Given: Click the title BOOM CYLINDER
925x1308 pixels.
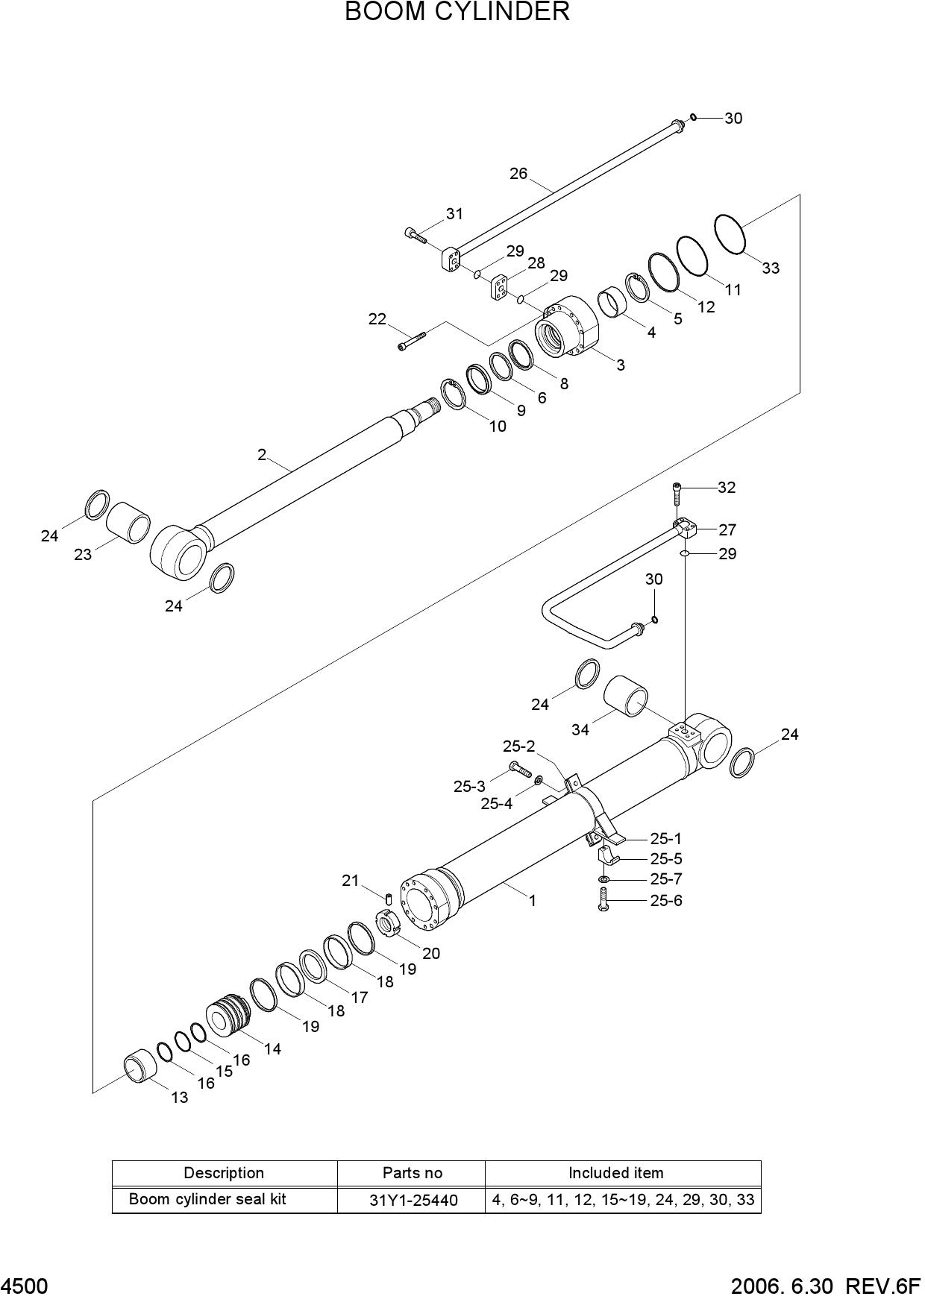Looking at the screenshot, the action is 457,12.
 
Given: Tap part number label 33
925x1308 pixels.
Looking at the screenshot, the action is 771,268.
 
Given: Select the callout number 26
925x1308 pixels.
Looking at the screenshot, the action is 518,174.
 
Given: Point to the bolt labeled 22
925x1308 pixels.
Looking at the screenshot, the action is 411,340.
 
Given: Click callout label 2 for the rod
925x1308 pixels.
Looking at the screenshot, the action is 262,454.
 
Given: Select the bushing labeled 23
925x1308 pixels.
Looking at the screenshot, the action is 128,522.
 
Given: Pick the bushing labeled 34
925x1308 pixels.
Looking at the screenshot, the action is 625,696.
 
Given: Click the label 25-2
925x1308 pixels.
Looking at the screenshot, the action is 519,746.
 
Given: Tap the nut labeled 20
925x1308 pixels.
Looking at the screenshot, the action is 389,925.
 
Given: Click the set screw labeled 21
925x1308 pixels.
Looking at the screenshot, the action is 389,897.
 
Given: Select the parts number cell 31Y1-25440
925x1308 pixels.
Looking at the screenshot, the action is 413,1201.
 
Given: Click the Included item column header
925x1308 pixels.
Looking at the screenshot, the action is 616,1173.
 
